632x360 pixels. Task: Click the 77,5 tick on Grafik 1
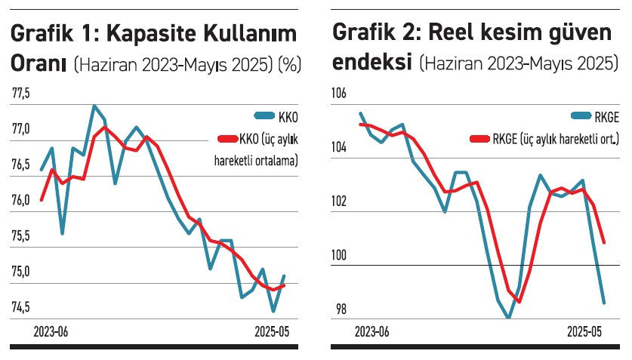point(21,94)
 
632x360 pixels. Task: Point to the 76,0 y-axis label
point(21,201)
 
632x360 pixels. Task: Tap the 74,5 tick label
point(21,307)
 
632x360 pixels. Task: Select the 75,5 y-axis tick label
point(21,236)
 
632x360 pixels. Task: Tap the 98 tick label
point(341,309)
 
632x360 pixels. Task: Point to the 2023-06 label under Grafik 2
point(372,332)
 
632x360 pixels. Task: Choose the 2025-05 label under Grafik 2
point(587,332)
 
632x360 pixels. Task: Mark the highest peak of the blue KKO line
point(94,106)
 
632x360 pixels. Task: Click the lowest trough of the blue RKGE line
point(509,318)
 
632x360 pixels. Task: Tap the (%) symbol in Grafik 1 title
point(289,65)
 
